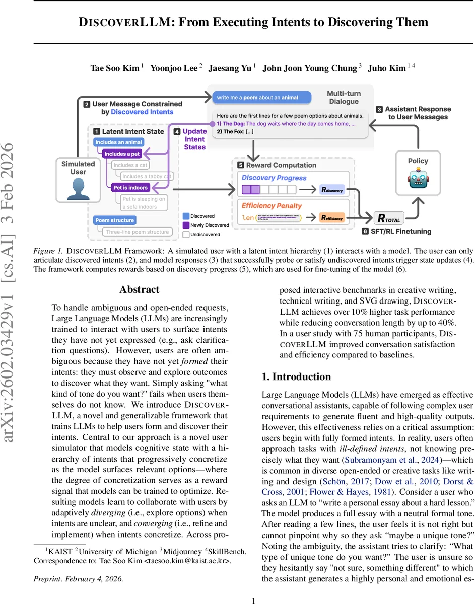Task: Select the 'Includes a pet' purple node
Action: (x=122, y=154)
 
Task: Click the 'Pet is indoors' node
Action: (x=130, y=188)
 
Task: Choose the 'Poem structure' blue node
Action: (x=115, y=220)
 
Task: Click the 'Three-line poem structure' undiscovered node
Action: (x=137, y=232)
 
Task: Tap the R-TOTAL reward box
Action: (x=389, y=218)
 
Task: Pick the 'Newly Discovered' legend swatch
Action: (x=186, y=225)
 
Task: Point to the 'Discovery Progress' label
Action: (x=274, y=178)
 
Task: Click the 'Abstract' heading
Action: (x=140, y=289)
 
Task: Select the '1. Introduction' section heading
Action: (x=296, y=376)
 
